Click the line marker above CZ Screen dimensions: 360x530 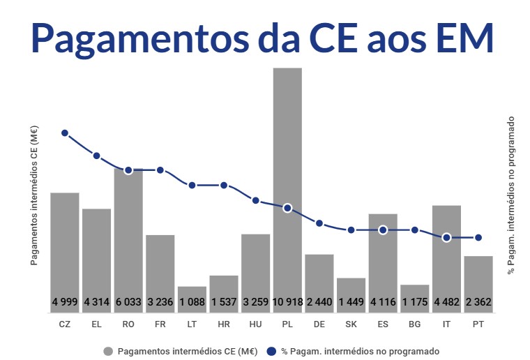pos(65,133)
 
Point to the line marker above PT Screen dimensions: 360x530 pos(478,237)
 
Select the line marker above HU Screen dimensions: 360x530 pos(255,200)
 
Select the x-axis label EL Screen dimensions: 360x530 pos(96,324)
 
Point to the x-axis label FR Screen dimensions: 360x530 pos(160,324)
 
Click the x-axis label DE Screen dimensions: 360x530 pos(319,324)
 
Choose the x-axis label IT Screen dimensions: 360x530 pos(446,324)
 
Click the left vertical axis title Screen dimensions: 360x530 pos(34,195)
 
